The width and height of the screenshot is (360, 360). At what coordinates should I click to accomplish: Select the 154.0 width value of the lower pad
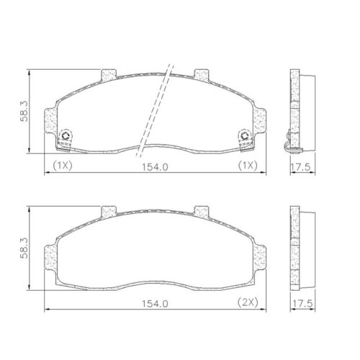click(x=154, y=303)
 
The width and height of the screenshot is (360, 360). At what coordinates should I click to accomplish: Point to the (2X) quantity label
click(x=249, y=303)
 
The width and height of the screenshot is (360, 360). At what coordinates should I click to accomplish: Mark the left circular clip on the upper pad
click(x=66, y=136)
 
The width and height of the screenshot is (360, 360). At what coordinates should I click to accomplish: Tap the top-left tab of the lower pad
click(x=109, y=211)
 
